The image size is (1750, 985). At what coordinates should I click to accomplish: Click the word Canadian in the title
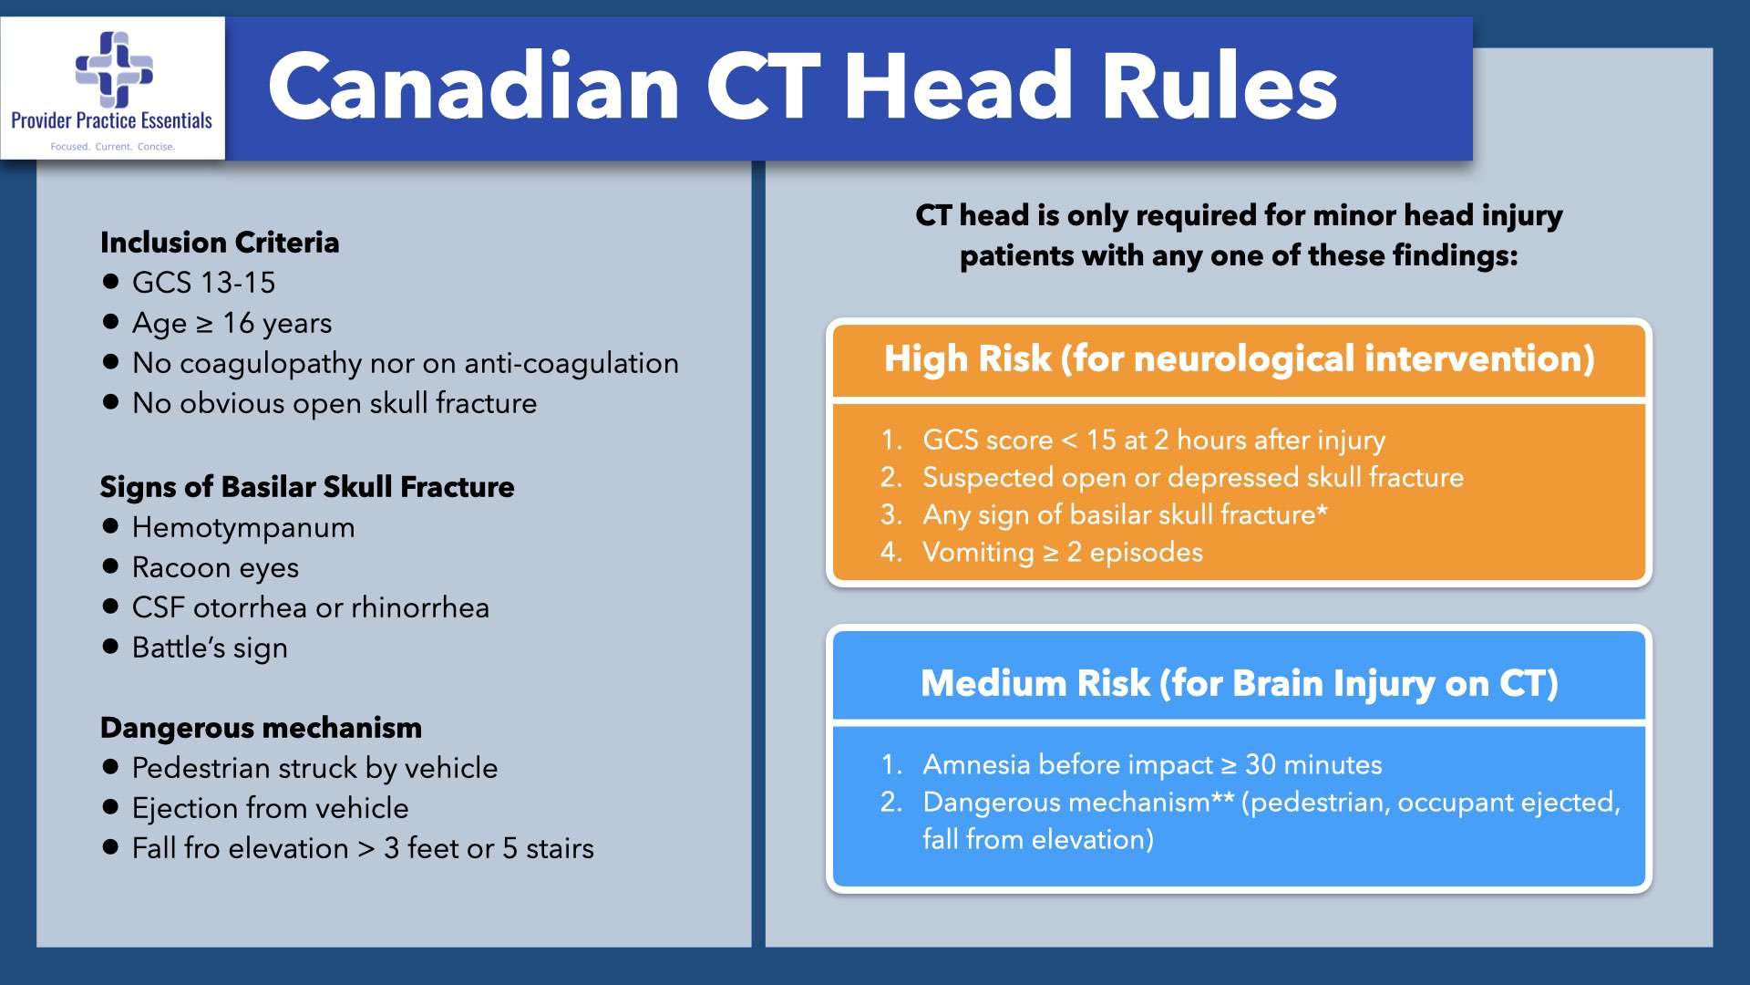473,87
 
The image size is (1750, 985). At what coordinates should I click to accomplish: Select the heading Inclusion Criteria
220,243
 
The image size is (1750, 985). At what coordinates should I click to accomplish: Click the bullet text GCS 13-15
203,283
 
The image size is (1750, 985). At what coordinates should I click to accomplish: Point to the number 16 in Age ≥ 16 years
238,323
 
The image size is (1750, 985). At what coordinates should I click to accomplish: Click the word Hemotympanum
243,527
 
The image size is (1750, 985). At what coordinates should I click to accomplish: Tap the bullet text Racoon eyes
215,567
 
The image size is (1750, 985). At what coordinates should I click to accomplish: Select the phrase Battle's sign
210,648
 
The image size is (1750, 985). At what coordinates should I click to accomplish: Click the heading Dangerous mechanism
261,728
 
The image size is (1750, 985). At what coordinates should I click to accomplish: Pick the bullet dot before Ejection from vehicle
111,807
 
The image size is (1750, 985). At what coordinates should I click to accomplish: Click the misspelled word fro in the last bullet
201,848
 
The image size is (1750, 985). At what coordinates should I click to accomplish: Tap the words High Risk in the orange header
967,358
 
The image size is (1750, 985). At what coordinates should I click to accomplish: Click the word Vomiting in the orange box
978,553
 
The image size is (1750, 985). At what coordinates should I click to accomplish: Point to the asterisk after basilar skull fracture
1323,511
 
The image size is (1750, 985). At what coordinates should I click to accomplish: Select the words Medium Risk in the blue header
1035,683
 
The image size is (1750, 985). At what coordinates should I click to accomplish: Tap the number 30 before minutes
1260,764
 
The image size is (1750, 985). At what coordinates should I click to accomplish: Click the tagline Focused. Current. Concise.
112,146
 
